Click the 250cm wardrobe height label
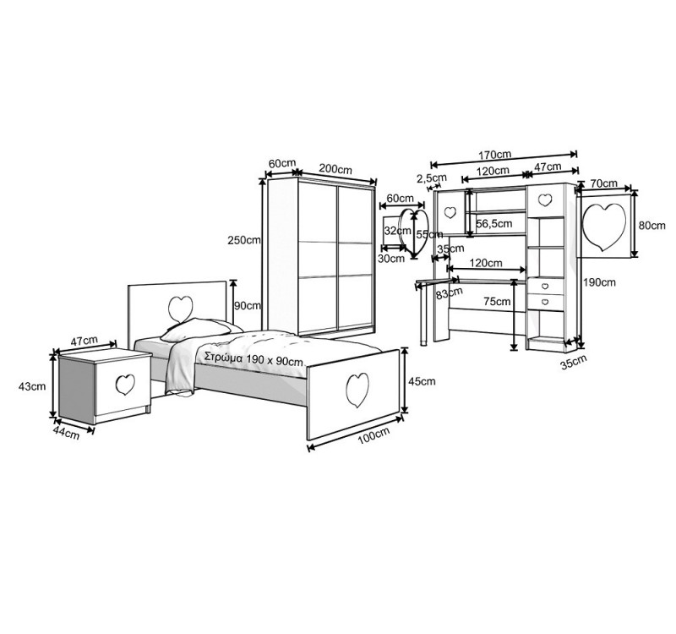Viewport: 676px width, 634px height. [x=244, y=240]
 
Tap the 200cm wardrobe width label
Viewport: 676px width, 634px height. [x=335, y=168]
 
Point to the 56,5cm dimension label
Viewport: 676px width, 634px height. [x=494, y=223]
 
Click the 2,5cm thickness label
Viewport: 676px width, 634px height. [x=432, y=178]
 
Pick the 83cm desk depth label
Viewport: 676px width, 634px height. [x=450, y=293]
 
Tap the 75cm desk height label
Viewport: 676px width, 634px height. [x=497, y=302]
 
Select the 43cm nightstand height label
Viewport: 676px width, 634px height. [x=32, y=386]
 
